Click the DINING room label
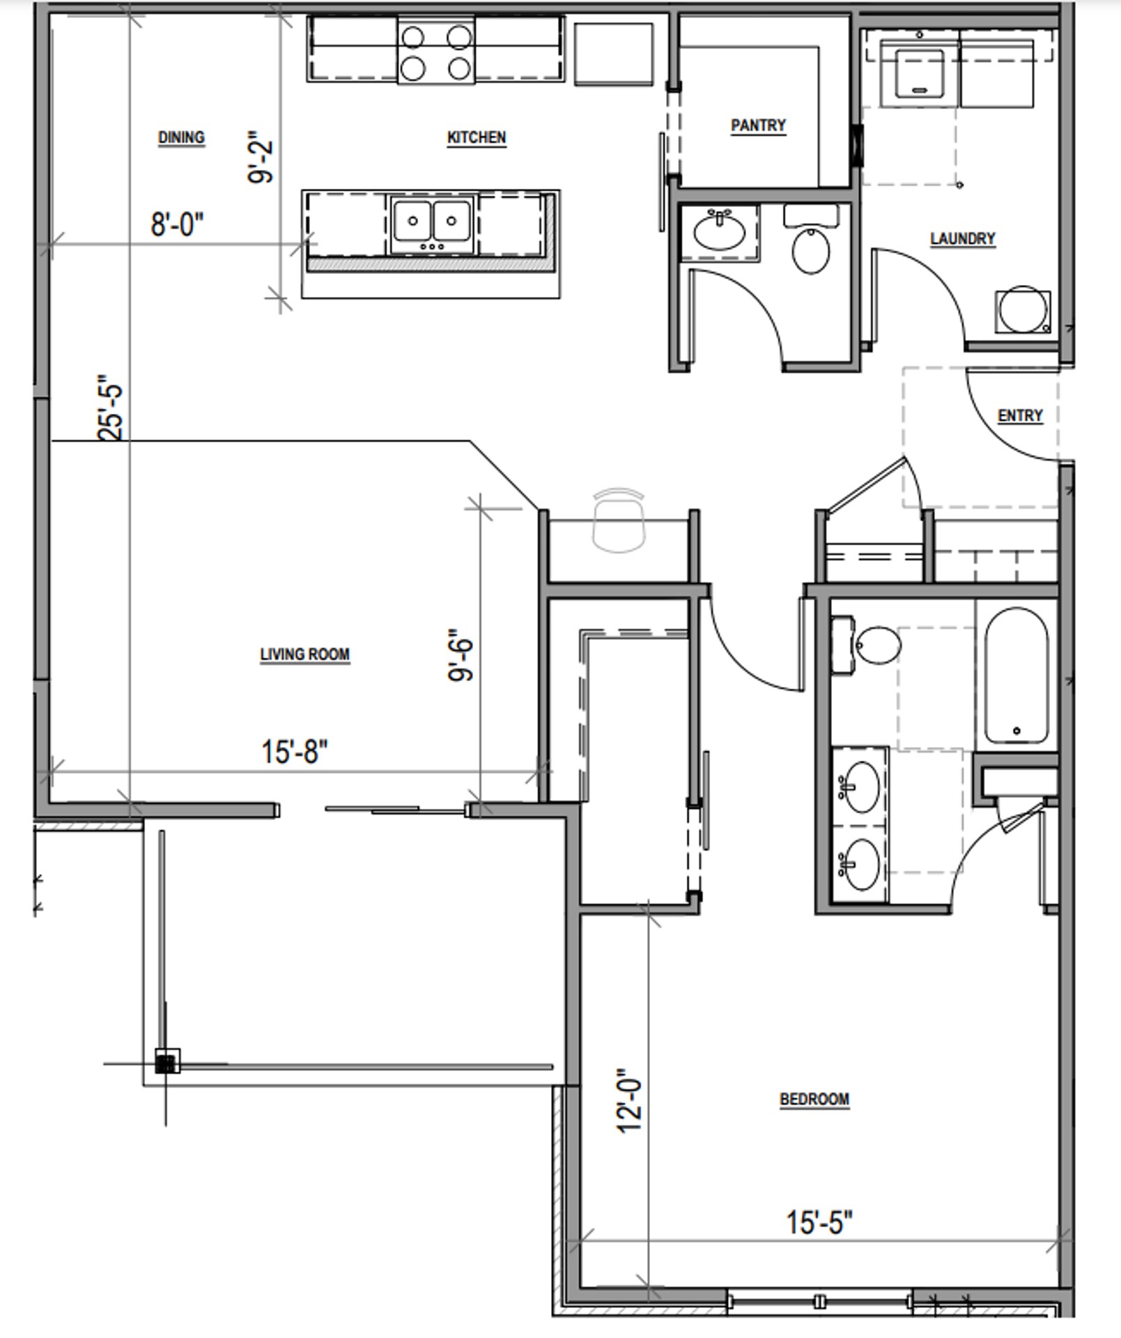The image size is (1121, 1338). (x=181, y=137)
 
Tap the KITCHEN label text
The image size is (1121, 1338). (x=476, y=137)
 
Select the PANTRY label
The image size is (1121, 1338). (x=758, y=125)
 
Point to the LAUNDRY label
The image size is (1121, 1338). (x=962, y=239)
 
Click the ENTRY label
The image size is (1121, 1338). (x=1020, y=416)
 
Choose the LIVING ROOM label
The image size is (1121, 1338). (x=304, y=654)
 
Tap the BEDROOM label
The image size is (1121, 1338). (x=814, y=1099)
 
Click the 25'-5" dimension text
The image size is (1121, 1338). (x=111, y=413)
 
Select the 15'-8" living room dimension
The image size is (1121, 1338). (x=294, y=752)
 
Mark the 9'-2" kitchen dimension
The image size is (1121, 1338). (x=261, y=159)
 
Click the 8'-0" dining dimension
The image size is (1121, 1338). (x=177, y=224)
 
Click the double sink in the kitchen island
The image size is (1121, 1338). (x=432, y=224)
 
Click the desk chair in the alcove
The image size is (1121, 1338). (x=618, y=519)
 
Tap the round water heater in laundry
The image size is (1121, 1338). (x=1022, y=310)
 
